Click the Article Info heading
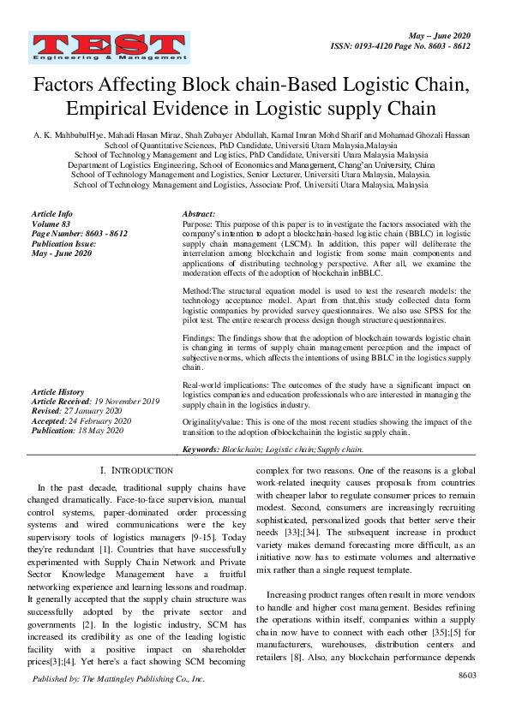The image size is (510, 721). [x=52, y=213]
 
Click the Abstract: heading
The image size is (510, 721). [x=200, y=213]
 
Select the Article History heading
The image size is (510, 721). [x=58, y=391]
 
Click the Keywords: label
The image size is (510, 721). [x=201, y=449]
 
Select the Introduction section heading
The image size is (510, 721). [x=136, y=471]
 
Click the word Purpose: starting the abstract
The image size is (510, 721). [x=199, y=223]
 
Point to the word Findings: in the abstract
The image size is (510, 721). [x=201, y=338]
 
